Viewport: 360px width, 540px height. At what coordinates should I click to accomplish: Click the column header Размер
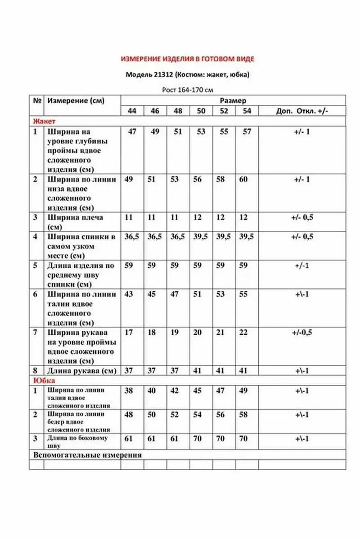tap(233, 101)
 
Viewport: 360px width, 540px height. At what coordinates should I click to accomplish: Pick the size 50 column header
tap(201, 111)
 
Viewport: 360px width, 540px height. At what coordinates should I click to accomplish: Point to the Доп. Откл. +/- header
tap(301, 111)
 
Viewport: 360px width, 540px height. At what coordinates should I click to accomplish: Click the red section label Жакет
tap(44, 121)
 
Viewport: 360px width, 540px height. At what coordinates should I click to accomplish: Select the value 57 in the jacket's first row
tap(247, 132)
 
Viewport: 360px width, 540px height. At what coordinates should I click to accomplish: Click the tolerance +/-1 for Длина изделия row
tap(301, 265)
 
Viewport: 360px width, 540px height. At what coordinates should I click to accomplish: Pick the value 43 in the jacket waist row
tap(129, 294)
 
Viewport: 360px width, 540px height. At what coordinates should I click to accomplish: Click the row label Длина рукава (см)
tap(81, 371)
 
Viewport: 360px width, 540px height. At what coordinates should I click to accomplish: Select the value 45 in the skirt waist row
tap(198, 391)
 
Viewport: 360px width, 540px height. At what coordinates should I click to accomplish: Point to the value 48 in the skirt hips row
tap(129, 414)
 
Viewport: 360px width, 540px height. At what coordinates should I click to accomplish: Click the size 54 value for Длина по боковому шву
tap(243, 438)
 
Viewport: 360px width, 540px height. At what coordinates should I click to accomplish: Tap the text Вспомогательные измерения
tap(88, 454)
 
